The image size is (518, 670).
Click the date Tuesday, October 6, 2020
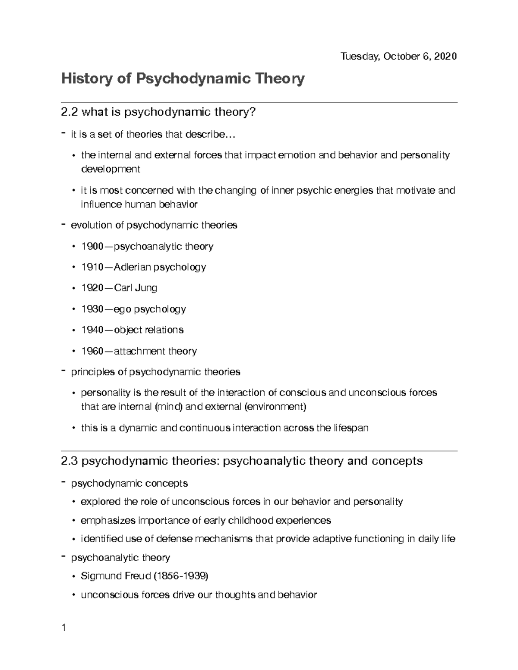tap(398, 57)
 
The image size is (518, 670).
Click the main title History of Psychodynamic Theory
tap(183, 79)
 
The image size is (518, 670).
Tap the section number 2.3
tap(69, 461)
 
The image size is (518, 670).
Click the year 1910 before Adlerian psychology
tap(92, 267)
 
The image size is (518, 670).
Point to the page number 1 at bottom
tap(63, 628)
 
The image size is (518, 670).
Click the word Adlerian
tap(133, 267)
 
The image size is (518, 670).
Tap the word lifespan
tap(351, 428)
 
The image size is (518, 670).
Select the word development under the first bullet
tap(111, 169)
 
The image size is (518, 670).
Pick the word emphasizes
tap(108, 520)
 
